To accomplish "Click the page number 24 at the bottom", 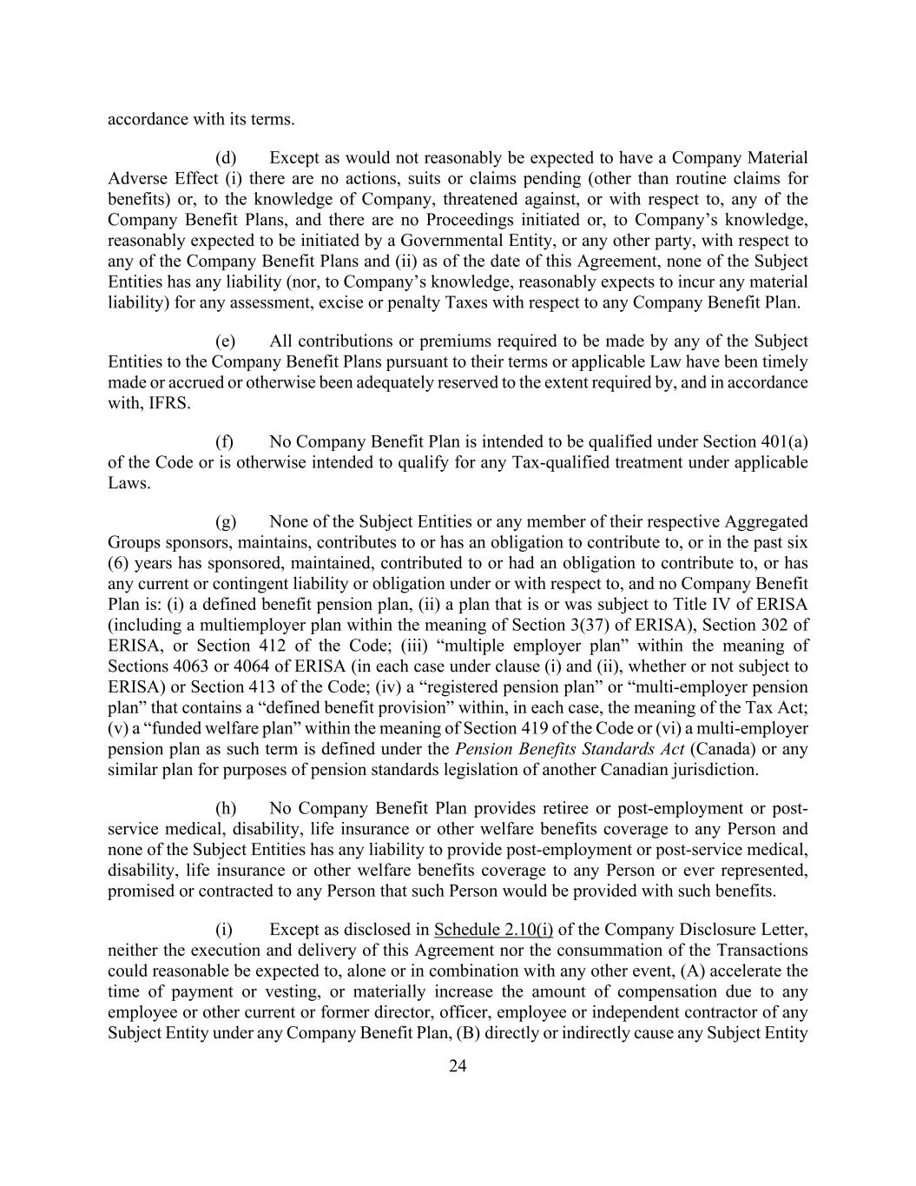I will (x=458, y=1067).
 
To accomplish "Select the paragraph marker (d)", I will (x=226, y=158).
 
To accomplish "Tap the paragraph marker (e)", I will (x=226, y=341).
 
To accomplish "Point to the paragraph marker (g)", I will (x=226, y=522).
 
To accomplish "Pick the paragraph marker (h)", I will (x=226, y=809).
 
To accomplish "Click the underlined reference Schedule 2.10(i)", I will (x=493, y=930).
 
